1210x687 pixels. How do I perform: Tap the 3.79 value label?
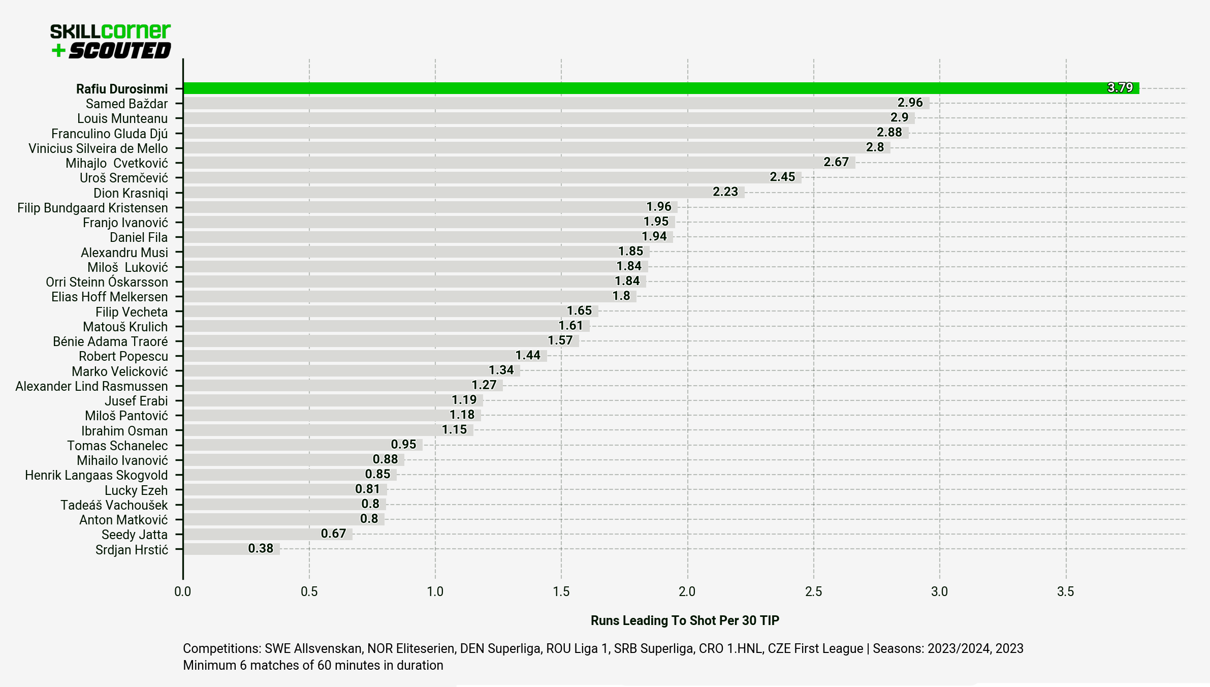coord(1120,88)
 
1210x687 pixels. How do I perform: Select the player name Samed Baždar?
coord(126,104)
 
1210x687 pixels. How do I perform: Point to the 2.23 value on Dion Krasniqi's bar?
coord(725,192)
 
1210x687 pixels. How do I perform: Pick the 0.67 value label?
coord(333,534)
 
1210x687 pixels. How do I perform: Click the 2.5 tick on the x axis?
coord(813,591)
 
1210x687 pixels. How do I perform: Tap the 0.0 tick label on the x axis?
coord(182,591)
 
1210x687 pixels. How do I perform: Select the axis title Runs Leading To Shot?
coord(684,620)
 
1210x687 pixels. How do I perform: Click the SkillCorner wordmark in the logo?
coord(110,32)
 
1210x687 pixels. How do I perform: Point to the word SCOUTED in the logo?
coord(120,51)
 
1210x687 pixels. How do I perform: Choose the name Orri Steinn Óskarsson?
coord(107,282)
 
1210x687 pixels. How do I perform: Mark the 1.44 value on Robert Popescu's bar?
coord(528,356)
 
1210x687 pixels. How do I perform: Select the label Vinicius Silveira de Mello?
coord(98,148)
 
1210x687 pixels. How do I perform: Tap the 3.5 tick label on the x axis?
coord(1065,591)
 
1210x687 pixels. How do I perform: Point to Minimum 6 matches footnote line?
coord(313,666)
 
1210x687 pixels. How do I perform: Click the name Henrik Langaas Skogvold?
coord(97,475)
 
